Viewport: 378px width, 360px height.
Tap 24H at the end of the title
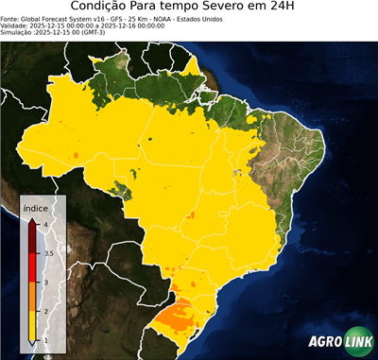tap(294, 8)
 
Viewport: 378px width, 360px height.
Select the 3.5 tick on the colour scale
tap(47, 253)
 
